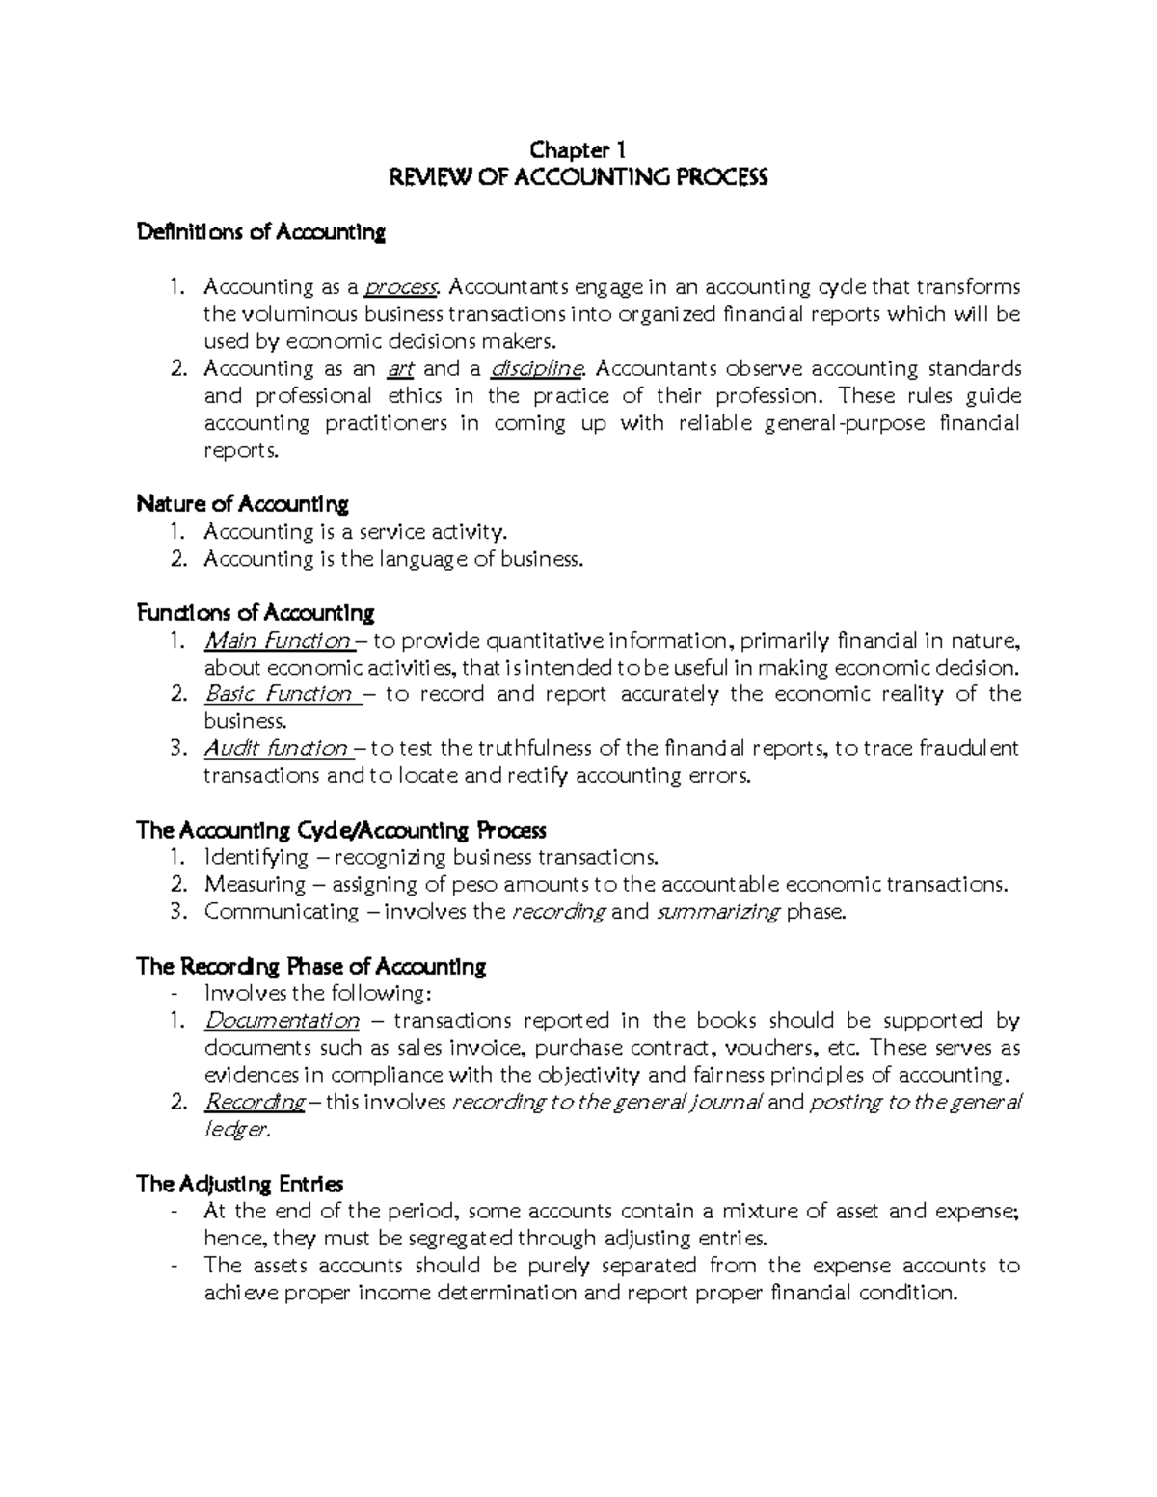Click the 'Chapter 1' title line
(x=578, y=150)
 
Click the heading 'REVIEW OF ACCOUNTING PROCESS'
(x=577, y=178)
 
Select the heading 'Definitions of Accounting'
(x=261, y=232)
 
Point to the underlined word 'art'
(x=399, y=369)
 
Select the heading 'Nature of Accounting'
(x=242, y=504)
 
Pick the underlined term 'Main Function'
(x=278, y=641)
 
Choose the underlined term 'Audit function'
(x=276, y=749)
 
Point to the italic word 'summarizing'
(x=717, y=913)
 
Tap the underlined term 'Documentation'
(x=282, y=1021)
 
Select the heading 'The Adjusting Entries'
(x=240, y=1184)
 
